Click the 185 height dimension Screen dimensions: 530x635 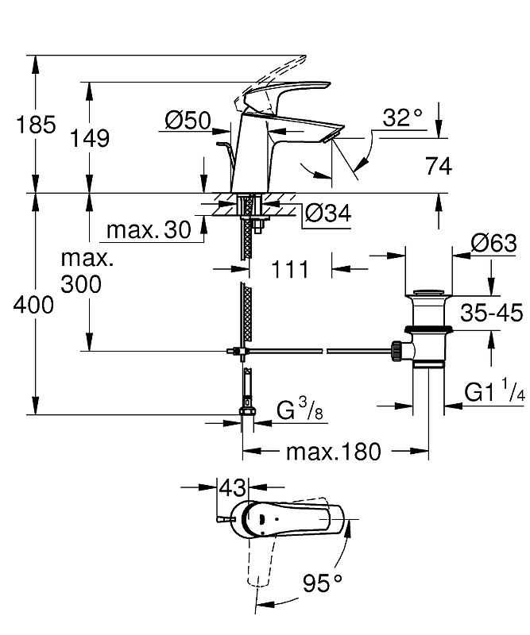click(x=36, y=125)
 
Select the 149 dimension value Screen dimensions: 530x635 click(x=90, y=138)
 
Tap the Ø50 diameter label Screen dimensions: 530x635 click(x=188, y=121)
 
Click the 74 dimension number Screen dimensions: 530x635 click(x=439, y=166)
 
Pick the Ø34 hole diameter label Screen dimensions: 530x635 click(x=327, y=213)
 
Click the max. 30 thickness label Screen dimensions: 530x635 click(x=149, y=230)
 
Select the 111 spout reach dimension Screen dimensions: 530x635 click(x=289, y=269)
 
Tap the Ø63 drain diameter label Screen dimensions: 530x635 click(x=494, y=244)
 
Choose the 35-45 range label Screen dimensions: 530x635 click(x=492, y=313)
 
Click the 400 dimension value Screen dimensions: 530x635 click(x=33, y=305)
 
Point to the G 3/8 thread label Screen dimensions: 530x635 click(x=300, y=410)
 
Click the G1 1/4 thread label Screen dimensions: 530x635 click(x=494, y=391)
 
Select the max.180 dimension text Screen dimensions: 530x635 click(x=333, y=452)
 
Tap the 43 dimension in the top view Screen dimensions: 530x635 click(x=233, y=487)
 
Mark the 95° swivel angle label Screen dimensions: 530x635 click(x=323, y=583)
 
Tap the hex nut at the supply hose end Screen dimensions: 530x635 click(x=247, y=412)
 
